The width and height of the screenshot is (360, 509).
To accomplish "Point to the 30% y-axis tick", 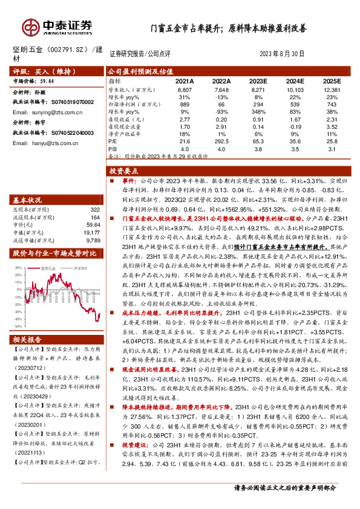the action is click(x=18, y=249).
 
